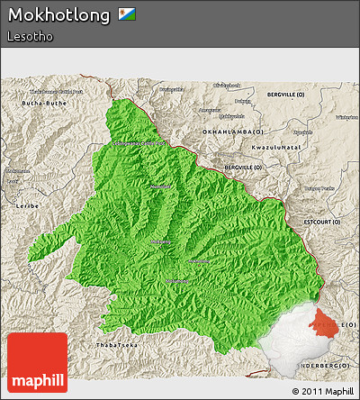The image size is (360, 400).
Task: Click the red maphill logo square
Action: [36, 363]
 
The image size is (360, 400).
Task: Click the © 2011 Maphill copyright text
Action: [321, 391]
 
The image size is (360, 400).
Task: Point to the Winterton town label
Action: [346, 117]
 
